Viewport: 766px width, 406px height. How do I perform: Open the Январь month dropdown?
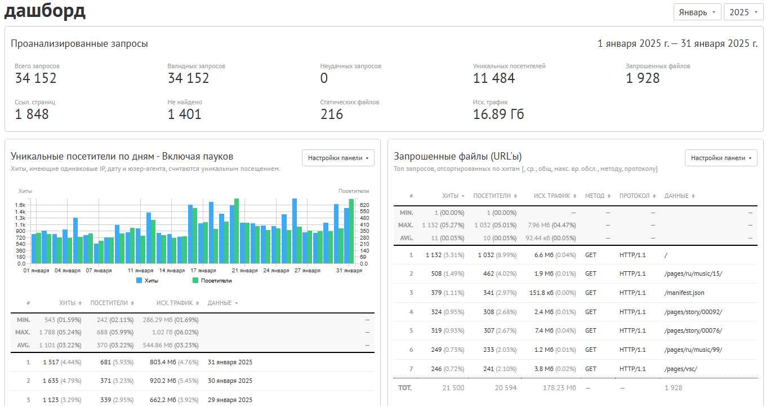697,12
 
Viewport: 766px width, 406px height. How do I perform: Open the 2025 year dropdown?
743,12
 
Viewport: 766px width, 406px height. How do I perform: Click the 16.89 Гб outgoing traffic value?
498,114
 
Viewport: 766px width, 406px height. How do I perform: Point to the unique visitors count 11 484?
494,78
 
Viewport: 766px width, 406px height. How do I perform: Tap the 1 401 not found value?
184,114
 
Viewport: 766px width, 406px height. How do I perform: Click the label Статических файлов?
349,102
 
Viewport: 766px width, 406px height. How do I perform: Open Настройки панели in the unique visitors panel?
338,158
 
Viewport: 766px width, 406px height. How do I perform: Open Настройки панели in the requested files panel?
721,158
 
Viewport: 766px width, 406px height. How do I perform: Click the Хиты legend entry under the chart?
148,280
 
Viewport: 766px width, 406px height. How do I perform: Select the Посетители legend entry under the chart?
212,280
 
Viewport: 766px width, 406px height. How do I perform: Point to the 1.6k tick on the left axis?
20,205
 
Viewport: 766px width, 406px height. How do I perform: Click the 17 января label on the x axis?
203,271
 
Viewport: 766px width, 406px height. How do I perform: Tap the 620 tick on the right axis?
364,205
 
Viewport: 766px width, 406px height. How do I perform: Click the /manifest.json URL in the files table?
684,293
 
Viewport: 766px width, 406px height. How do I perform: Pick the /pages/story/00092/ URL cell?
693,312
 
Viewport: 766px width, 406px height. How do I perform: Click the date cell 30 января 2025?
230,381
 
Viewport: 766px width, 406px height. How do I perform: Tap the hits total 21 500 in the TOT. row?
453,388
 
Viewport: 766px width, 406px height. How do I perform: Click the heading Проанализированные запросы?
79,43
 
